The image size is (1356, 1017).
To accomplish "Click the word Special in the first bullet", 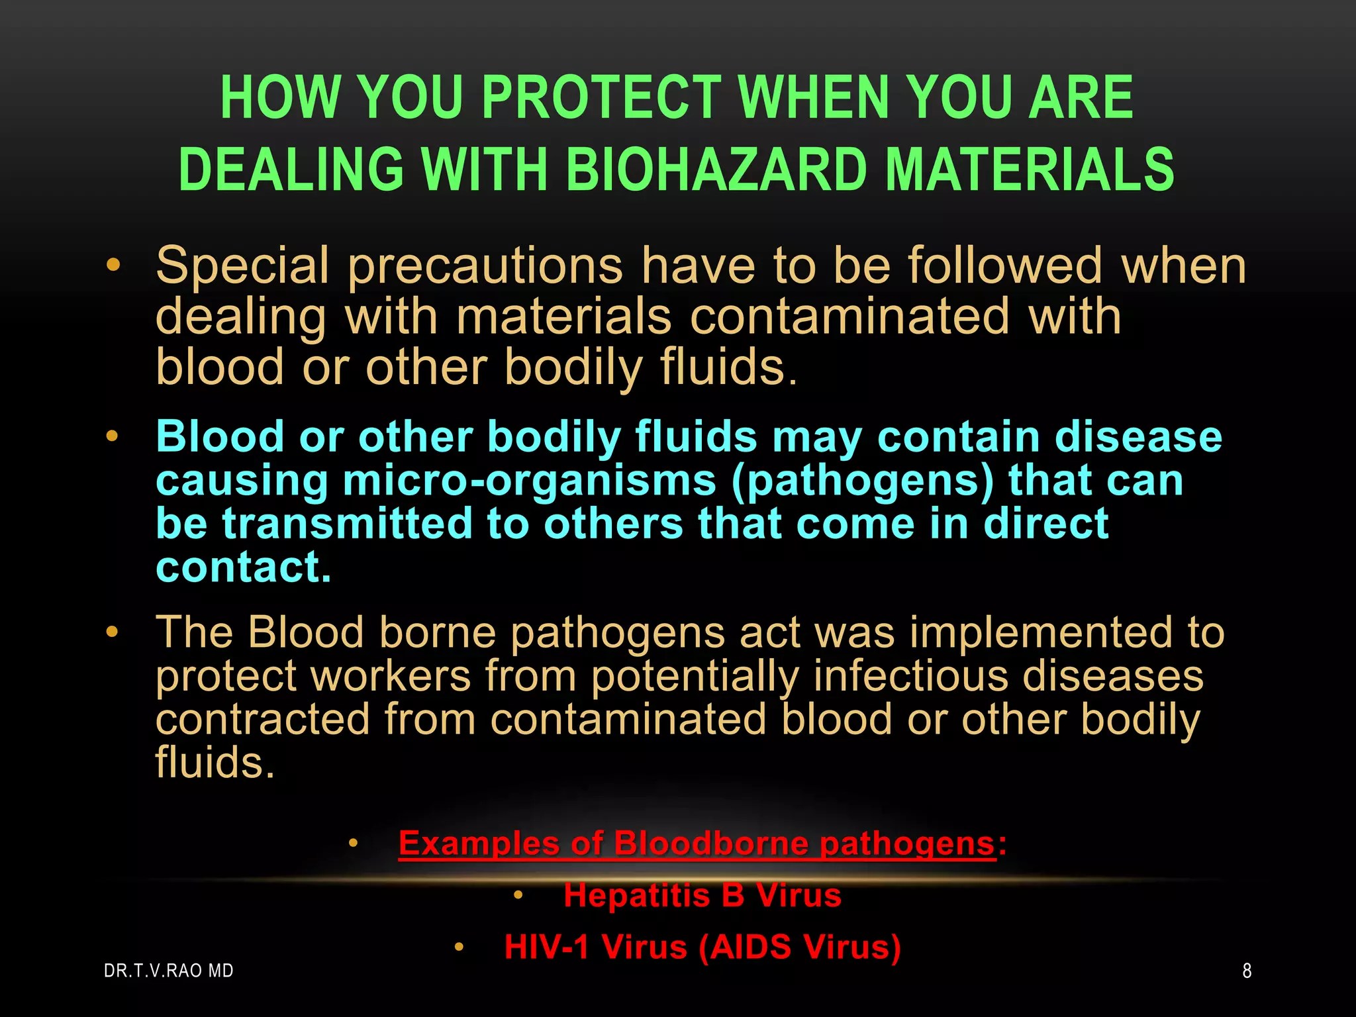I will pyautogui.click(x=242, y=266).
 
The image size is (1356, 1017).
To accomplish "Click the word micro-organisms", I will pyautogui.click(x=530, y=481).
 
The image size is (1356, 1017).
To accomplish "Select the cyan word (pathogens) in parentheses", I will pyautogui.click(x=863, y=481).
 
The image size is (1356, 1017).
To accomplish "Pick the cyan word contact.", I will pyautogui.click(x=243, y=567).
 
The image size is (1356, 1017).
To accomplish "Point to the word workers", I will pyautogui.click(x=391, y=676).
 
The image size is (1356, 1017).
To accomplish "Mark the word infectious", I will pyautogui.click(x=910, y=676).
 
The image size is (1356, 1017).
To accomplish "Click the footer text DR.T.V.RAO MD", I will pyautogui.click(x=169, y=971).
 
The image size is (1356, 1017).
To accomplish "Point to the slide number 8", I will pyautogui.click(x=1247, y=971).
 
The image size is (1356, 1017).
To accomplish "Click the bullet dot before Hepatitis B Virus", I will pyautogui.click(x=518, y=896).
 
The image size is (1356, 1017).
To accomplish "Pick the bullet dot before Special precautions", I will pyautogui.click(x=113, y=266).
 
